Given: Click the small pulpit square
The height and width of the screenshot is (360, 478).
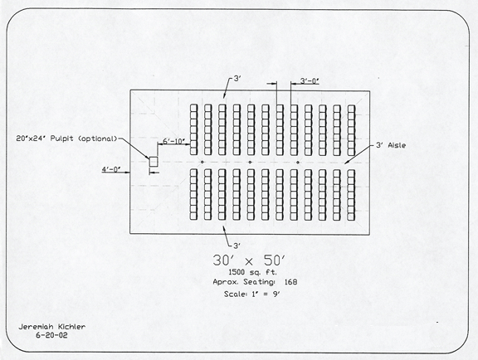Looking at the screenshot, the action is (154, 162).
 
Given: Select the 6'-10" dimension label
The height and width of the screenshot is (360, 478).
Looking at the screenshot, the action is (173, 142).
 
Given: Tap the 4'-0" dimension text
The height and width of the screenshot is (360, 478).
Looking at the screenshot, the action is (111, 169).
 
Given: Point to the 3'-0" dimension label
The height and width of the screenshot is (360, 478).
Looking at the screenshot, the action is (310, 80).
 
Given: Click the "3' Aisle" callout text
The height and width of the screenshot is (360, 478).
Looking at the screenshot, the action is (391, 145).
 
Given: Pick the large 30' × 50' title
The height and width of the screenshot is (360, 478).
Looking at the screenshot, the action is (249, 260).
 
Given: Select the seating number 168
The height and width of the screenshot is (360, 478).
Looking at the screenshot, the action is (290, 282).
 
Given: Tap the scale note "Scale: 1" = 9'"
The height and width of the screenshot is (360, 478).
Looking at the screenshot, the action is (251, 294).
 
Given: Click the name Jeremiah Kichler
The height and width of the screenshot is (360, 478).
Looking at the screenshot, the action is (52, 327).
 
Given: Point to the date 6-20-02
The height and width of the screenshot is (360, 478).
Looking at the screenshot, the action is (51, 336).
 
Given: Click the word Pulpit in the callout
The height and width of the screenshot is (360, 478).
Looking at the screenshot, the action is (62, 139).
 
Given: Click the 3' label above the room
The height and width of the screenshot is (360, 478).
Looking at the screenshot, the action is (237, 79).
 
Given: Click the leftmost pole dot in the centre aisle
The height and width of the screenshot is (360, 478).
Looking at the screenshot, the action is (202, 163).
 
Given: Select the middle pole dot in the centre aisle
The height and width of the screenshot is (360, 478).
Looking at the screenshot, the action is (250, 163).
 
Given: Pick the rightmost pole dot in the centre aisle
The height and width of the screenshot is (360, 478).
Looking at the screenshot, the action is (298, 163).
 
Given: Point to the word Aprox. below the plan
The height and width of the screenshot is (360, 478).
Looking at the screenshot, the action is (227, 282).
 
